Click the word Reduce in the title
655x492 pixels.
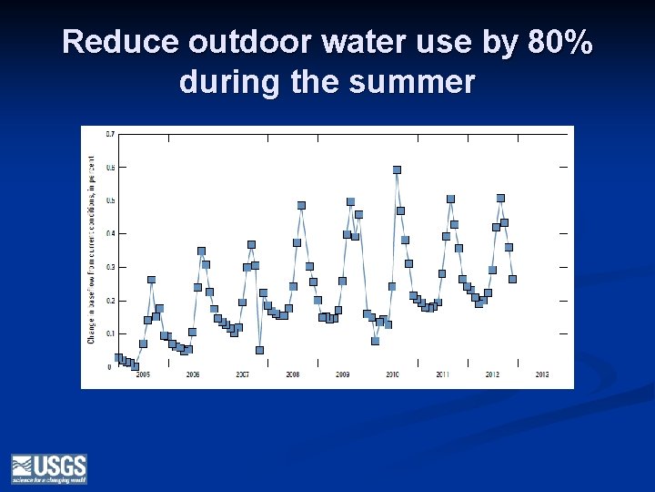122,43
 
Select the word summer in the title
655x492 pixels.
418,83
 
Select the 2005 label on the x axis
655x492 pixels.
144,374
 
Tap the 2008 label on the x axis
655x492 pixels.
293,374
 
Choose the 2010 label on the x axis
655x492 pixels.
392,374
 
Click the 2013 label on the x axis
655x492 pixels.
541,374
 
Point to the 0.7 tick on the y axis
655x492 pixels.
110,134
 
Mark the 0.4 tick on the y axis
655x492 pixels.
110,234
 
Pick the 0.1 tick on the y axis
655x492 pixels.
110,334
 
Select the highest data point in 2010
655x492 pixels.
397,170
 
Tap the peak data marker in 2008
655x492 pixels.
301,206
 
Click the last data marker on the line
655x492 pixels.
512,280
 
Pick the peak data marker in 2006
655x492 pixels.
201,251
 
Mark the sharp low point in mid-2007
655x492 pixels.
259,350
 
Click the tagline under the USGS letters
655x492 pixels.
49,479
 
